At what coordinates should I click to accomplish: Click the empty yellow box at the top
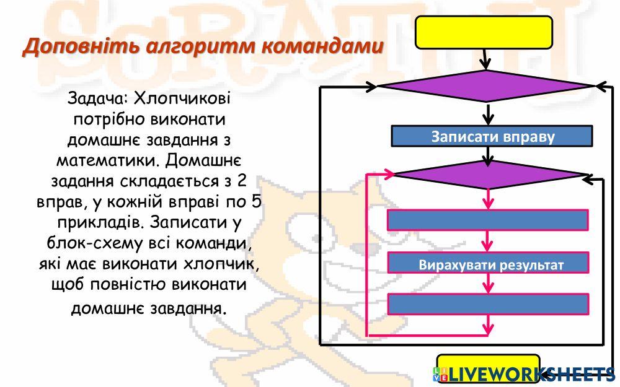(484, 32)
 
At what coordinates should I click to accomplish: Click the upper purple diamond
(487, 86)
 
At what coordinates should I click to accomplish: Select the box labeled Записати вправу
(492, 136)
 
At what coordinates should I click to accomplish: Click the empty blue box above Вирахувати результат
(487, 220)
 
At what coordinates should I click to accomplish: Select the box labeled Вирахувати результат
(487, 264)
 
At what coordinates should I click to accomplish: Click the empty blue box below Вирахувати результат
(487, 303)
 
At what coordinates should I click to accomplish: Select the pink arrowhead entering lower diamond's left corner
(388, 174)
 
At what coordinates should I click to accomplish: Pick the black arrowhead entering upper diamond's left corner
(371, 87)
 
